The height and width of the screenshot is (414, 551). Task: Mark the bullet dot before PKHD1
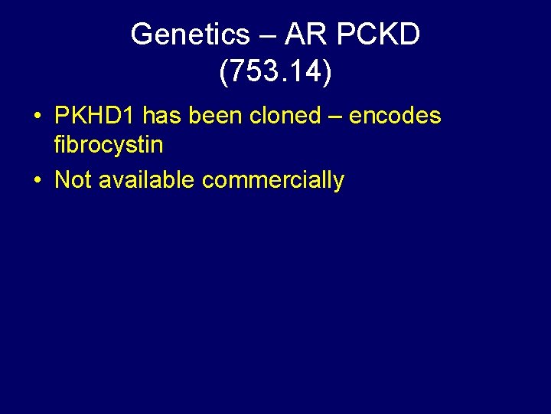[37, 117]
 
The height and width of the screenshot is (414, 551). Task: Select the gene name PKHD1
[96, 116]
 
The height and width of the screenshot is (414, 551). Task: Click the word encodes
[395, 116]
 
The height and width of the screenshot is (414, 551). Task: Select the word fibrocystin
[109, 143]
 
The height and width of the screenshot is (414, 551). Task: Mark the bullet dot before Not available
[37, 181]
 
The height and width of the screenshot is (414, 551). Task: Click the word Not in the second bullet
[73, 180]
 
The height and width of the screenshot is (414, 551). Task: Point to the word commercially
[273, 182]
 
